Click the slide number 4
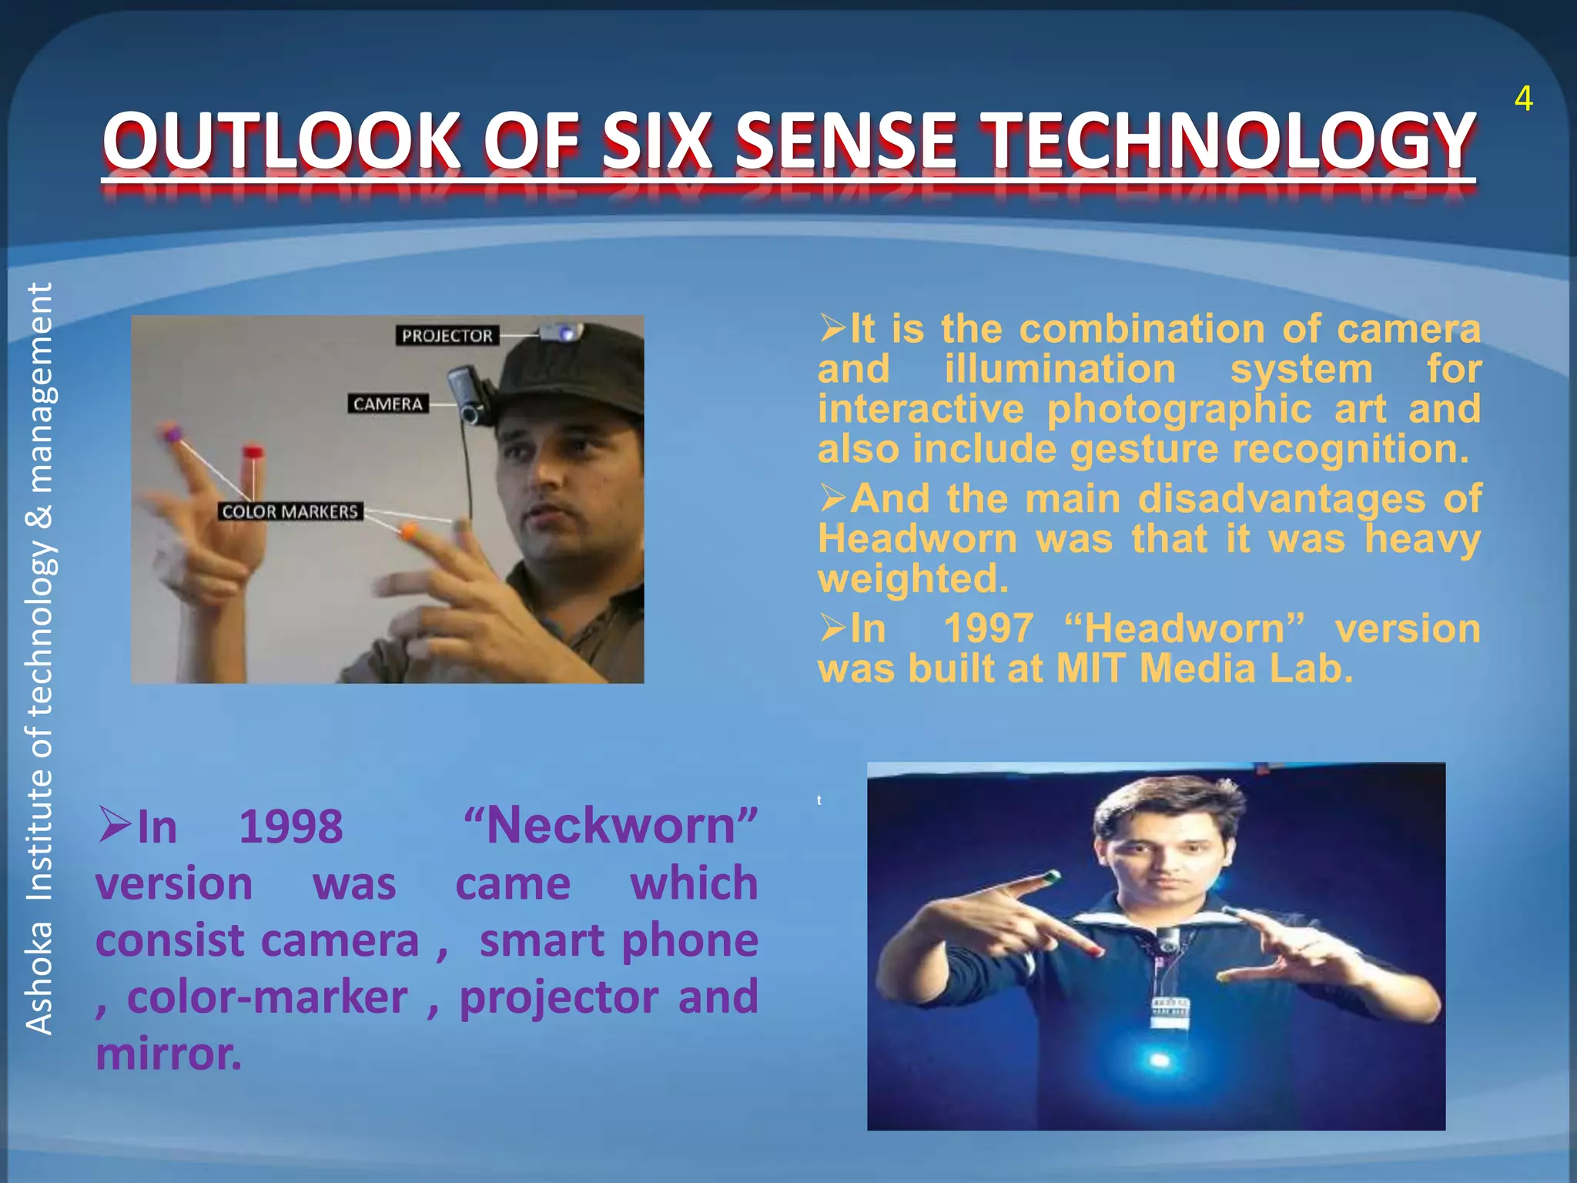click(x=1523, y=99)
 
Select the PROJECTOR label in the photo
click(x=447, y=336)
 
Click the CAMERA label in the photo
click(x=388, y=404)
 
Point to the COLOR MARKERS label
click(x=290, y=511)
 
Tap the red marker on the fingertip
click(x=253, y=452)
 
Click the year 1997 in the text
click(x=988, y=628)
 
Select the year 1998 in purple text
click(x=290, y=826)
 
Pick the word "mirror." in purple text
click(x=169, y=1054)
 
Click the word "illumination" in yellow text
click(x=1060, y=369)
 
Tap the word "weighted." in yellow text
click(x=912, y=578)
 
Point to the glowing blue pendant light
click(x=1159, y=1061)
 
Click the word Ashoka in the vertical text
click(x=39, y=978)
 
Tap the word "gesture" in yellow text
click(x=1144, y=449)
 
